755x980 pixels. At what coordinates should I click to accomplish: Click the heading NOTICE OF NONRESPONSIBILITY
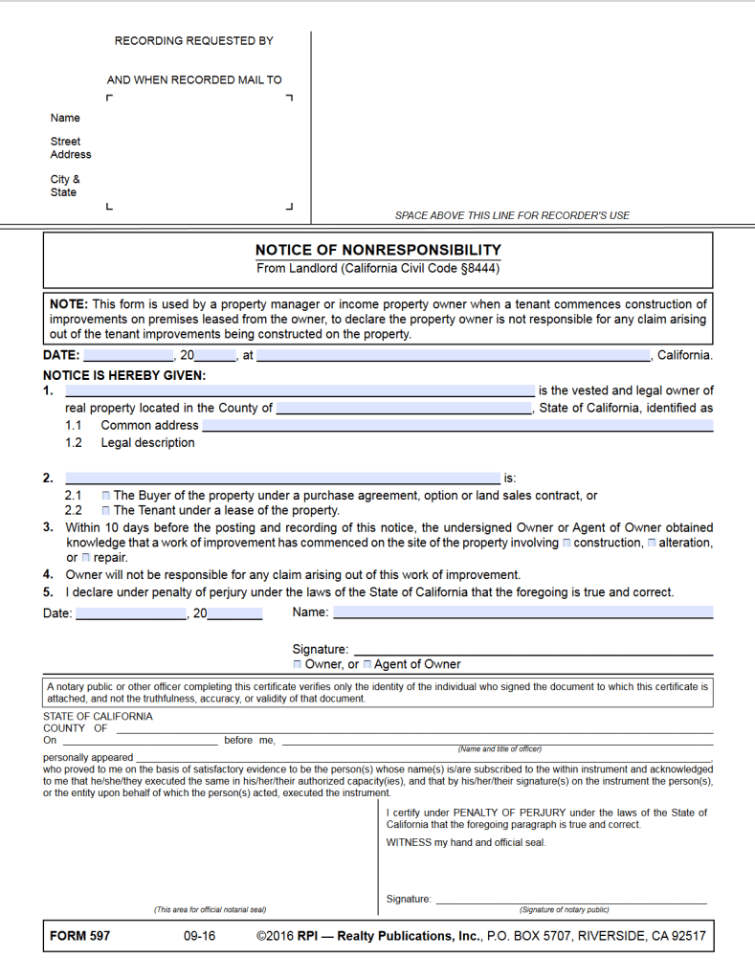[378, 250]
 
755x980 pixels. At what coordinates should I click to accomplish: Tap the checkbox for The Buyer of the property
[105, 496]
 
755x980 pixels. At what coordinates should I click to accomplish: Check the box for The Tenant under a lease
[105, 511]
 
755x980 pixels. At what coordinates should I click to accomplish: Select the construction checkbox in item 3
[566, 544]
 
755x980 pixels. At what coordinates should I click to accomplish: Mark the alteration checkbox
[651, 544]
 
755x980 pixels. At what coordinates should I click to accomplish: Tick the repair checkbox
[86, 558]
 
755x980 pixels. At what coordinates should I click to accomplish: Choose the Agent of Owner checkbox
[367, 664]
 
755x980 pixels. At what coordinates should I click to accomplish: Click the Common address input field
[457, 426]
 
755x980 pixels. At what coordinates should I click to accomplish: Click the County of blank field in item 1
[403, 409]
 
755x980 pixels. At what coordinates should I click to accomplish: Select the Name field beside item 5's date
[524, 612]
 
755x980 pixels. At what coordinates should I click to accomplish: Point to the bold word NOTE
[68, 304]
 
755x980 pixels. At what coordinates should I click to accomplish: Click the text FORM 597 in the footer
[79, 936]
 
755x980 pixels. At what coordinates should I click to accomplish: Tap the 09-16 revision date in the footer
[199, 936]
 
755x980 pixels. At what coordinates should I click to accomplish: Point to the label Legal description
[147, 443]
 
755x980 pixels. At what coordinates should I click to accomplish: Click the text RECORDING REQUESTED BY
[194, 41]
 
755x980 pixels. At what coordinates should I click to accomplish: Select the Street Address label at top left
[71, 147]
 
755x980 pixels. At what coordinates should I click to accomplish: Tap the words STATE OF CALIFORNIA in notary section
[98, 716]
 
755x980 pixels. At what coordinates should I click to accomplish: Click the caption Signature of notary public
[564, 910]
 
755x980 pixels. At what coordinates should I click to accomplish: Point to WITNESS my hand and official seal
[466, 843]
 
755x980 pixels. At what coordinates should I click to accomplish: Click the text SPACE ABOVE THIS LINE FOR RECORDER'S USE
[512, 215]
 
